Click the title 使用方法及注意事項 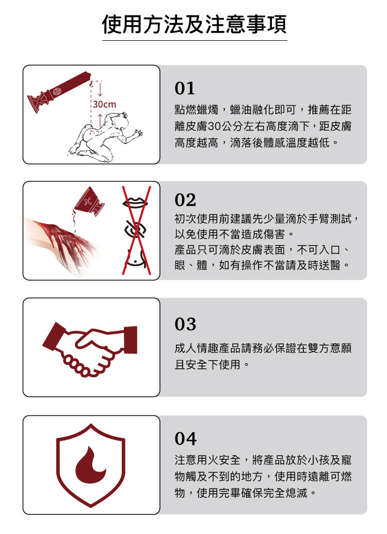194,24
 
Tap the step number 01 185,89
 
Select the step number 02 185,200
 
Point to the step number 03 185,325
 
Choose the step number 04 185,439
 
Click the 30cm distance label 104,105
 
